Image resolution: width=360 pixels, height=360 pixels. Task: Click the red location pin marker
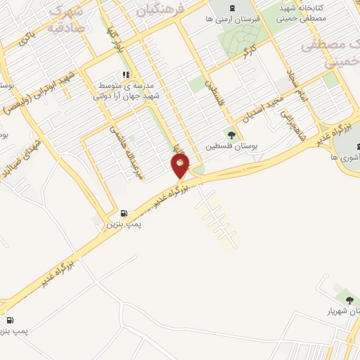(x=181, y=166)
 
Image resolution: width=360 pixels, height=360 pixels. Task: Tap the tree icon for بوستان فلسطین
(x=231, y=134)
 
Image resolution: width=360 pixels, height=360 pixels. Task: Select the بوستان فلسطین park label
(x=230, y=147)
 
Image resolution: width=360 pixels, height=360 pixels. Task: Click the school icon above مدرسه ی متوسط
(x=126, y=74)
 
